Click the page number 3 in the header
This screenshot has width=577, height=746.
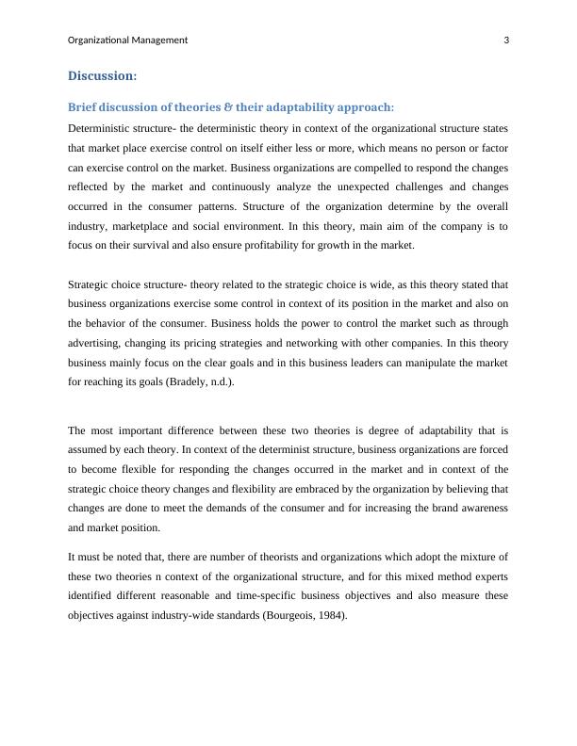click(x=506, y=40)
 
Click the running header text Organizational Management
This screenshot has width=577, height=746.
click(x=128, y=40)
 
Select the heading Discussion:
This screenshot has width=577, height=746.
click(x=103, y=75)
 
